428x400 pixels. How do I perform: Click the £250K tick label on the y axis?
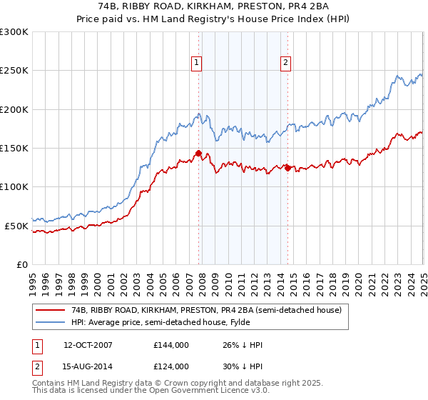14,71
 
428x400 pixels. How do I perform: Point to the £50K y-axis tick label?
16,226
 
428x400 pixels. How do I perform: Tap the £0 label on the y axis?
22,264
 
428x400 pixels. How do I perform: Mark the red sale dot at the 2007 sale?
198,153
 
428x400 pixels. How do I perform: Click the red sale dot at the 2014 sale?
287,168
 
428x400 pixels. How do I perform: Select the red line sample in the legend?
51,311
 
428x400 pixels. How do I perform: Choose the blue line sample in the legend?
51,322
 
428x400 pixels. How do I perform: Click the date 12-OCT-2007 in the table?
88,345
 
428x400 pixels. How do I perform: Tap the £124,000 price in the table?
171,366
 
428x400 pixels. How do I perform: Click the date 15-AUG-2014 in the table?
88,366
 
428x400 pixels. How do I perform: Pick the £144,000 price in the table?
171,345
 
